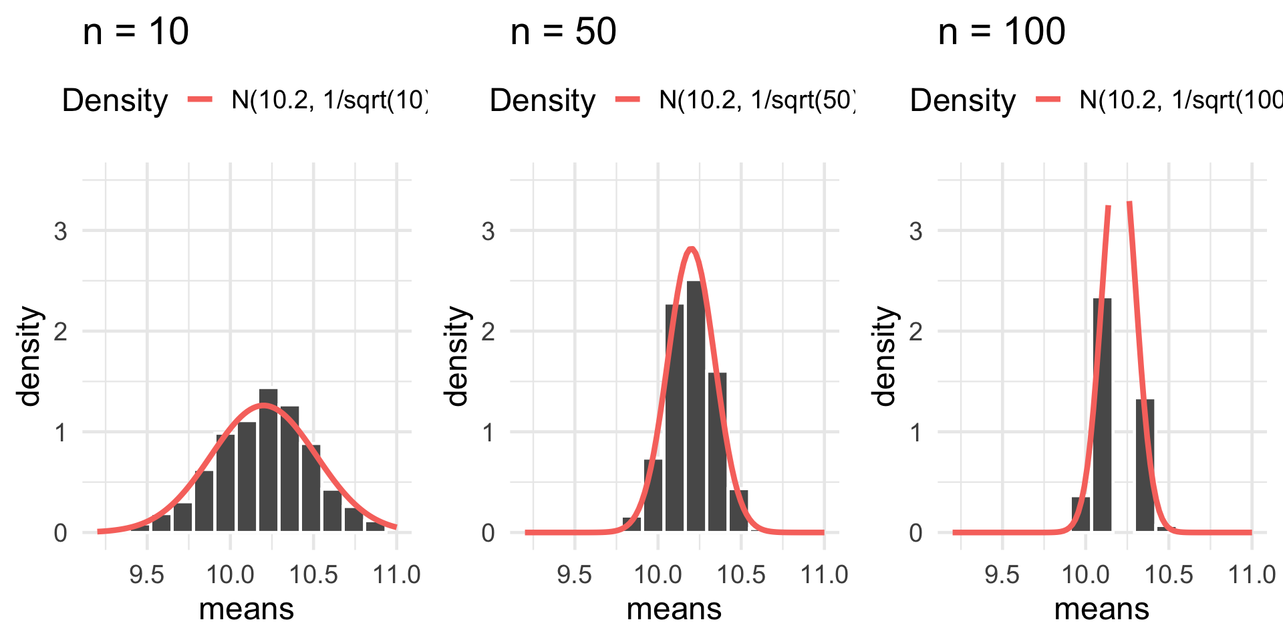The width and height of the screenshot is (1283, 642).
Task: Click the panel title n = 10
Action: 136,31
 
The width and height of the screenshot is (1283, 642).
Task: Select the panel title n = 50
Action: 563,31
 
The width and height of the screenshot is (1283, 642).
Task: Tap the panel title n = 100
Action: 1001,31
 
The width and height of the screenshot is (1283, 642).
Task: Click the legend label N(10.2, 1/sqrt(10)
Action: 329,100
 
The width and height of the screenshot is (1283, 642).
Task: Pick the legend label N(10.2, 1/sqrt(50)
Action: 757,100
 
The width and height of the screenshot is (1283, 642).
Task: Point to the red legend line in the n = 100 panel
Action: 1048,100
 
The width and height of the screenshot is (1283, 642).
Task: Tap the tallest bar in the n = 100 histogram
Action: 1102,415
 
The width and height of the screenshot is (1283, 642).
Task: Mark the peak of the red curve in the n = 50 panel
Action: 692,249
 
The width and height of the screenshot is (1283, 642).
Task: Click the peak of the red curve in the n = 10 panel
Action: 263,405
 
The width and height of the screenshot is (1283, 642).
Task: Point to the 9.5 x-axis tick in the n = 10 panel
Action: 147,574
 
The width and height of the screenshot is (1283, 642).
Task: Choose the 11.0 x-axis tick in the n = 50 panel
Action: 824,574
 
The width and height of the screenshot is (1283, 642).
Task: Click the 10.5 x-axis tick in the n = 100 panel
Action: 1169,574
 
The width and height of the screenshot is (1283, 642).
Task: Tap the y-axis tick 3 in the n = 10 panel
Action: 61,231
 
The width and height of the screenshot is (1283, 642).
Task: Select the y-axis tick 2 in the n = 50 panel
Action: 488,332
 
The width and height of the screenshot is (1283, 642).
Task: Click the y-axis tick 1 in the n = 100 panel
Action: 916,433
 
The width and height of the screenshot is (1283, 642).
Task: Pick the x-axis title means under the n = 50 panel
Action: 674,609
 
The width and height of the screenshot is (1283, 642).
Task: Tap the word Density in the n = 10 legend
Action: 114,101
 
